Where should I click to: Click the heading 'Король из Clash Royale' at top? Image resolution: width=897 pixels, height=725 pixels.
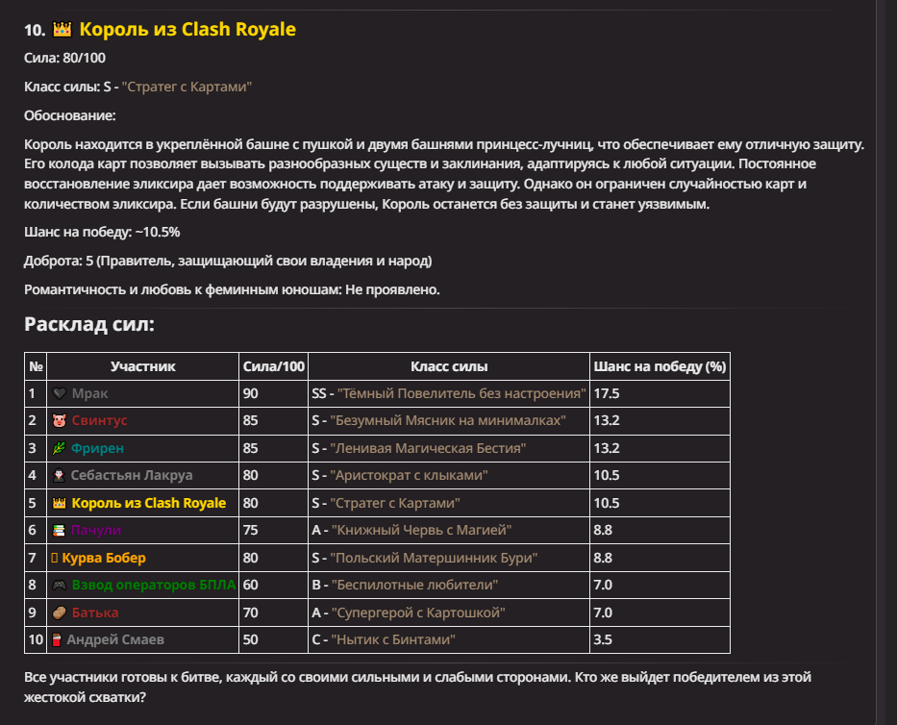tap(187, 30)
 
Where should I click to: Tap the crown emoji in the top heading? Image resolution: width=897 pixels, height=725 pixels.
tap(62, 30)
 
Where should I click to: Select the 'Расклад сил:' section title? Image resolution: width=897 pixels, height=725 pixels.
tap(89, 324)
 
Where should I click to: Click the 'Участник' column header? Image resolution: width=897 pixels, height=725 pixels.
tap(143, 366)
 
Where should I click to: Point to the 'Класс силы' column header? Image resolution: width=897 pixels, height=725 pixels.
tap(449, 366)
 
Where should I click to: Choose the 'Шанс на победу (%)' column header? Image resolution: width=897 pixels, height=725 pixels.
tap(660, 366)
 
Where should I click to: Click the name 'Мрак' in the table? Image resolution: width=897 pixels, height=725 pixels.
tap(90, 393)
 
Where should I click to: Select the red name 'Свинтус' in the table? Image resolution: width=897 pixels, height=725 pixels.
tap(99, 420)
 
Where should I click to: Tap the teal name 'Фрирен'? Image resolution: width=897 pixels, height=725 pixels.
tap(97, 448)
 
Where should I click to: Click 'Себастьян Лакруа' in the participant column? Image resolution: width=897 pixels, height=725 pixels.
tap(132, 475)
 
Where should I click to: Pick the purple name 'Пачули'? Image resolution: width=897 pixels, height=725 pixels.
tap(96, 530)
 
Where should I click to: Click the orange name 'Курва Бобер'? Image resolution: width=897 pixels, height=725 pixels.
tap(104, 558)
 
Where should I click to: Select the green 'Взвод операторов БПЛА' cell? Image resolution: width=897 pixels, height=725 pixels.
tap(153, 585)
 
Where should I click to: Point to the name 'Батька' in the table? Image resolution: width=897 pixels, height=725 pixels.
tap(94, 612)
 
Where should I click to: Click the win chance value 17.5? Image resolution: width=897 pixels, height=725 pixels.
tap(608, 393)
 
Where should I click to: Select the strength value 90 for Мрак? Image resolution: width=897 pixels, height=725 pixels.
tap(251, 393)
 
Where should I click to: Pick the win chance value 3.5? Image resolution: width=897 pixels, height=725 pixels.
tap(604, 639)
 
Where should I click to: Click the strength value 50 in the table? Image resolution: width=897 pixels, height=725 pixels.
tap(251, 639)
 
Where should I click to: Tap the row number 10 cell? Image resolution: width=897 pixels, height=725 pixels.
tap(36, 639)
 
